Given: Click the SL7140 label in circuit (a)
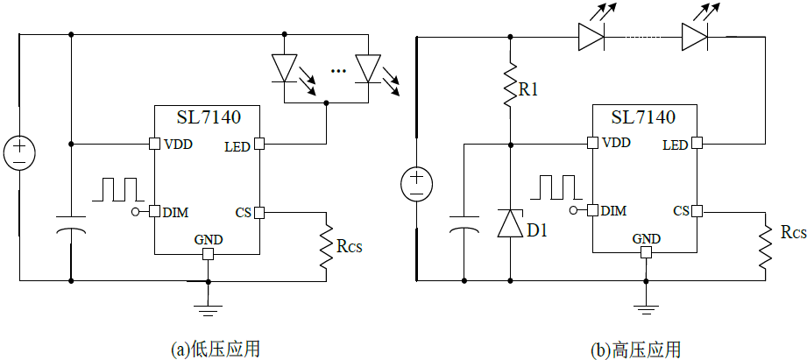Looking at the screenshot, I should click(x=207, y=117).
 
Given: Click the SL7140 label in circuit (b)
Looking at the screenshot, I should click(x=644, y=117).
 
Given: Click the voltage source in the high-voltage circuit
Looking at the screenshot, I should click(x=417, y=182).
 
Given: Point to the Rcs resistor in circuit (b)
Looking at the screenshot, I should click(x=765, y=248).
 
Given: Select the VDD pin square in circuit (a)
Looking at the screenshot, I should click(x=154, y=143).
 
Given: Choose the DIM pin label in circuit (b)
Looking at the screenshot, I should click(x=615, y=211).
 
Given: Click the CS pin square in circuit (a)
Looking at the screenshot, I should click(x=259, y=211).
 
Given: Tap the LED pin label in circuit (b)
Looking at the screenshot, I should click(x=675, y=145).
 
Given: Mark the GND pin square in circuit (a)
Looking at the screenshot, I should click(x=208, y=254).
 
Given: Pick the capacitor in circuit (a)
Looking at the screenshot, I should click(x=71, y=223).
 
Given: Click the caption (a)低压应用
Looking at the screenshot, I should click(x=216, y=348).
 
